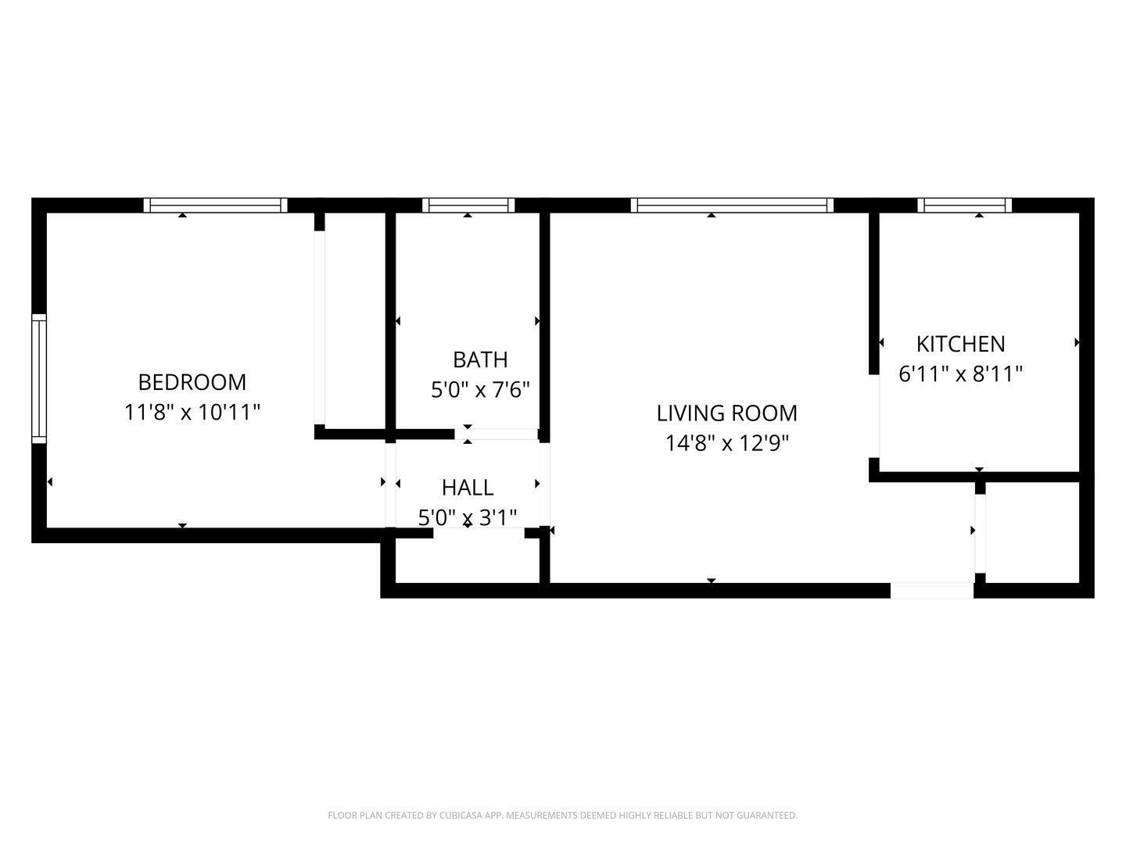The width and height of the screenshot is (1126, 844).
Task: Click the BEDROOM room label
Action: point(192,382)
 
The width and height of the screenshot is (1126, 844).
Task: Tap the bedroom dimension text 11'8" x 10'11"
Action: point(192,412)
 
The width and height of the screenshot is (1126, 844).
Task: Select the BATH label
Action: point(480,359)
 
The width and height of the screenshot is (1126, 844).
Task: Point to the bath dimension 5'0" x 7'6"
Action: point(480,390)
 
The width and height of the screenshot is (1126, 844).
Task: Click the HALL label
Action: point(468,488)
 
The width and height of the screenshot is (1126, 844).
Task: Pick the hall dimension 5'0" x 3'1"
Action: point(468,517)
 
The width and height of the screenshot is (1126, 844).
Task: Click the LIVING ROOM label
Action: point(727,413)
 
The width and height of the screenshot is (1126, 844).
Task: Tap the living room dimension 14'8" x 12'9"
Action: point(727,443)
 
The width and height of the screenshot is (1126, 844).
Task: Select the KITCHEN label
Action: point(960,345)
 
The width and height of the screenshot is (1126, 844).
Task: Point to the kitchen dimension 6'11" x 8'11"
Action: point(960,374)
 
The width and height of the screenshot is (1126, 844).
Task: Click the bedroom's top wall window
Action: point(215,205)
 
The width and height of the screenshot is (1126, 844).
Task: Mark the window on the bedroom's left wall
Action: point(39,379)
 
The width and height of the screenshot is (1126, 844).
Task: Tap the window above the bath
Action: point(468,205)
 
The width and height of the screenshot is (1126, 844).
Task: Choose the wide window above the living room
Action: point(732,205)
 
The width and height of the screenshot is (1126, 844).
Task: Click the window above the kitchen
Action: point(964,205)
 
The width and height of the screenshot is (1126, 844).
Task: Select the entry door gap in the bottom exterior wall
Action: point(931,590)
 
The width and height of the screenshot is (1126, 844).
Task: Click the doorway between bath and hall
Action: point(496,434)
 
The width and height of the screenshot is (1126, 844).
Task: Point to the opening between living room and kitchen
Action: point(874,416)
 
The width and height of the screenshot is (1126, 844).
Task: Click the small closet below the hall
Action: point(468,560)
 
